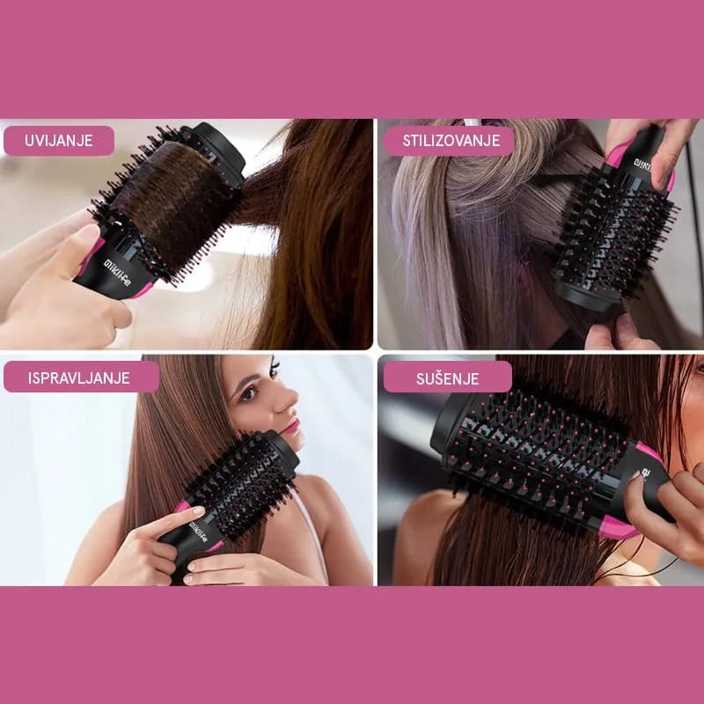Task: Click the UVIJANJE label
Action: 59,141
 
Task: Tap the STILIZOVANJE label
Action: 451,141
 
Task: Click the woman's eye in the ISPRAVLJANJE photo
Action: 249,392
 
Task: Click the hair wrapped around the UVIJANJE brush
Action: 167,194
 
